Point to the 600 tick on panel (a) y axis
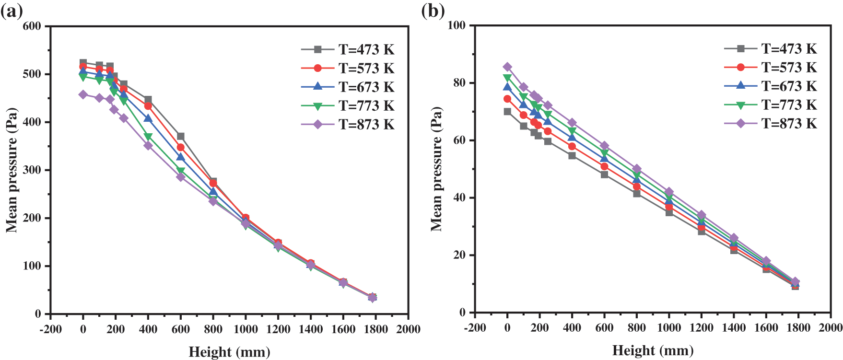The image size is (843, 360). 32,26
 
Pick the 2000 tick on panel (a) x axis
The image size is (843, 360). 408,329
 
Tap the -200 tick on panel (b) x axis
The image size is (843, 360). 475,328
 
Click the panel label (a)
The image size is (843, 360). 12,11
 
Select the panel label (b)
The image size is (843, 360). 433,11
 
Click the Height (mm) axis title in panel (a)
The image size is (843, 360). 229,352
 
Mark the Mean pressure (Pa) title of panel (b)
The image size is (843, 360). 436,169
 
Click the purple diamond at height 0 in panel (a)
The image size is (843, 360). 83,95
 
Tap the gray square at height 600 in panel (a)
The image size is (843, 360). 181,137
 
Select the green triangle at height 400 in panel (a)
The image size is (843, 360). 148,137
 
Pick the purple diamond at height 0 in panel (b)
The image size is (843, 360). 507,67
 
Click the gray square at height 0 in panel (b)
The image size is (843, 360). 507,112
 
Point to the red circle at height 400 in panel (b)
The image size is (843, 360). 572,146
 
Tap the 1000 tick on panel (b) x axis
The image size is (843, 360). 669,328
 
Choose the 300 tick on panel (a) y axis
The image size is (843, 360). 32,170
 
